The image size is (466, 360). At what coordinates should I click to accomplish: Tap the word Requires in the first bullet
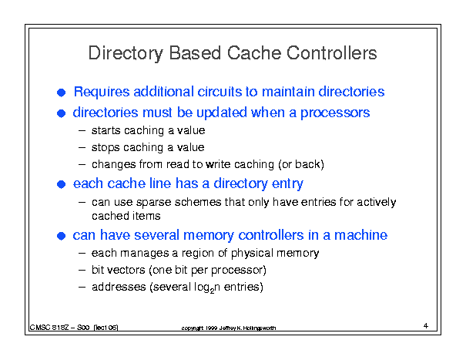(x=102, y=92)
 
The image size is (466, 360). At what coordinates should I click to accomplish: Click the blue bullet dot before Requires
(x=61, y=93)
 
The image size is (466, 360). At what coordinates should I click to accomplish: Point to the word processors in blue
(x=335, y=113)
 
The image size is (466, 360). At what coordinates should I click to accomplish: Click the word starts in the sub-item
(x=106, y=130)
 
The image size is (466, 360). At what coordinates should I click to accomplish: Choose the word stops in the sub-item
(x=106, y=147)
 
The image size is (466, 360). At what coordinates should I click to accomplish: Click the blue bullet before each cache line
(x=61, y=184)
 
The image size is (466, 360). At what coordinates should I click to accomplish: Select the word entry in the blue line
(x=287, y=184)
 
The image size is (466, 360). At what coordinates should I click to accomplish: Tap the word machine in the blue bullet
(x=360, y=235)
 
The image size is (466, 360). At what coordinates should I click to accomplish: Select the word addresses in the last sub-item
(x=119, y=287)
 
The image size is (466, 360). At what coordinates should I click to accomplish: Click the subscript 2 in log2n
(x=212, y=291)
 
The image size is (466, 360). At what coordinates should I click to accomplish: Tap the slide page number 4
(x=426, y=326)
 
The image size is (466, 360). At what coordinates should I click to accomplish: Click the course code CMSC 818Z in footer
(x=49, y=328)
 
